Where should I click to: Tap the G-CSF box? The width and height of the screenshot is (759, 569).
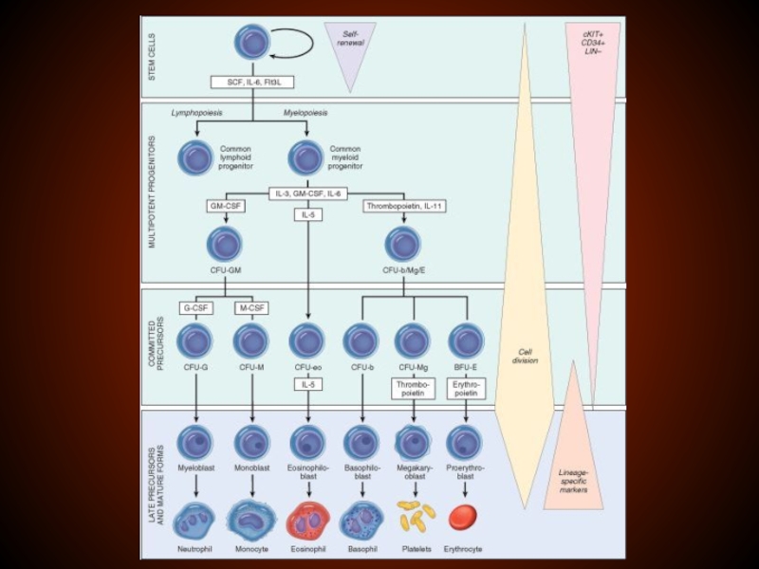197,307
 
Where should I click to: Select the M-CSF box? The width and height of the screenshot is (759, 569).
251,307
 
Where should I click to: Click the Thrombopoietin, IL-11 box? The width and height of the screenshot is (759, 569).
404,205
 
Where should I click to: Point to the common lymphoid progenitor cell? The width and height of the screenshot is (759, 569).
196,156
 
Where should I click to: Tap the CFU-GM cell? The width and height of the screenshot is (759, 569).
226,245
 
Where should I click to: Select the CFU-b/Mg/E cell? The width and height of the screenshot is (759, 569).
404,245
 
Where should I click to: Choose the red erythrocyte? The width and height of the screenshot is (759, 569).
463,517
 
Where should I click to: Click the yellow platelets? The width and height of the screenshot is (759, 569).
416,516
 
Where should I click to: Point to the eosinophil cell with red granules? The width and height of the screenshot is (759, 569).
306,518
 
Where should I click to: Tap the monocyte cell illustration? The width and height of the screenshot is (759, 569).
252,518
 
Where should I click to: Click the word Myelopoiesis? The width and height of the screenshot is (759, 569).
305,113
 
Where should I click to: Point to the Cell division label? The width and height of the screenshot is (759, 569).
524,355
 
